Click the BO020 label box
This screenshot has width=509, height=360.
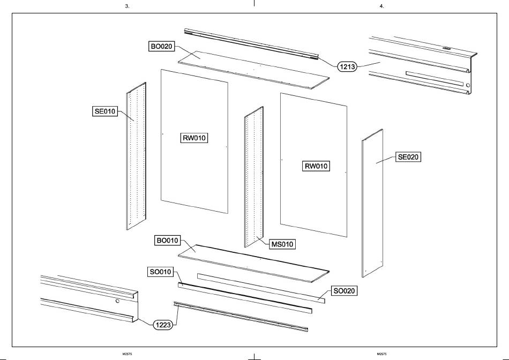(161, 47)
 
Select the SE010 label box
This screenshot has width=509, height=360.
(105, 111)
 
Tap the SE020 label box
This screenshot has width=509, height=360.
(408, 157)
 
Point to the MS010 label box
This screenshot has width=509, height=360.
(282, 244)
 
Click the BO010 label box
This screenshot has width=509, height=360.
(168, 241)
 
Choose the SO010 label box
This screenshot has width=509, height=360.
(161, 272)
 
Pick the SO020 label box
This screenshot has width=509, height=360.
(344, 291)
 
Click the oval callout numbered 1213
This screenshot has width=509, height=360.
(347, 67)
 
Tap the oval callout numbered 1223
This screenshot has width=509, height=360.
(163, 325)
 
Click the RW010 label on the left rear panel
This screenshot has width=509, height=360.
(194, 138)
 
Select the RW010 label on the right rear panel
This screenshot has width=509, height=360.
(316, 166)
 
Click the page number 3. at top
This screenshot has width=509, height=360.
(128, 6)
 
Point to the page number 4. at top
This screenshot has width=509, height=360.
(381, 6)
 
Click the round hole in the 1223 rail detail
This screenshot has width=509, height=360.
(117, 301)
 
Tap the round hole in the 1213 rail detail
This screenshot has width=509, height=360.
(468, 85)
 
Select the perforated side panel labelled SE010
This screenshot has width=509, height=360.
(136, 156)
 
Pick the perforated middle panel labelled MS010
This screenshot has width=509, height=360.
(254, 177)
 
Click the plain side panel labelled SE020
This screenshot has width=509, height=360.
(372, 203)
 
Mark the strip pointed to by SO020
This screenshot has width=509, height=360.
(261, 288)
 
